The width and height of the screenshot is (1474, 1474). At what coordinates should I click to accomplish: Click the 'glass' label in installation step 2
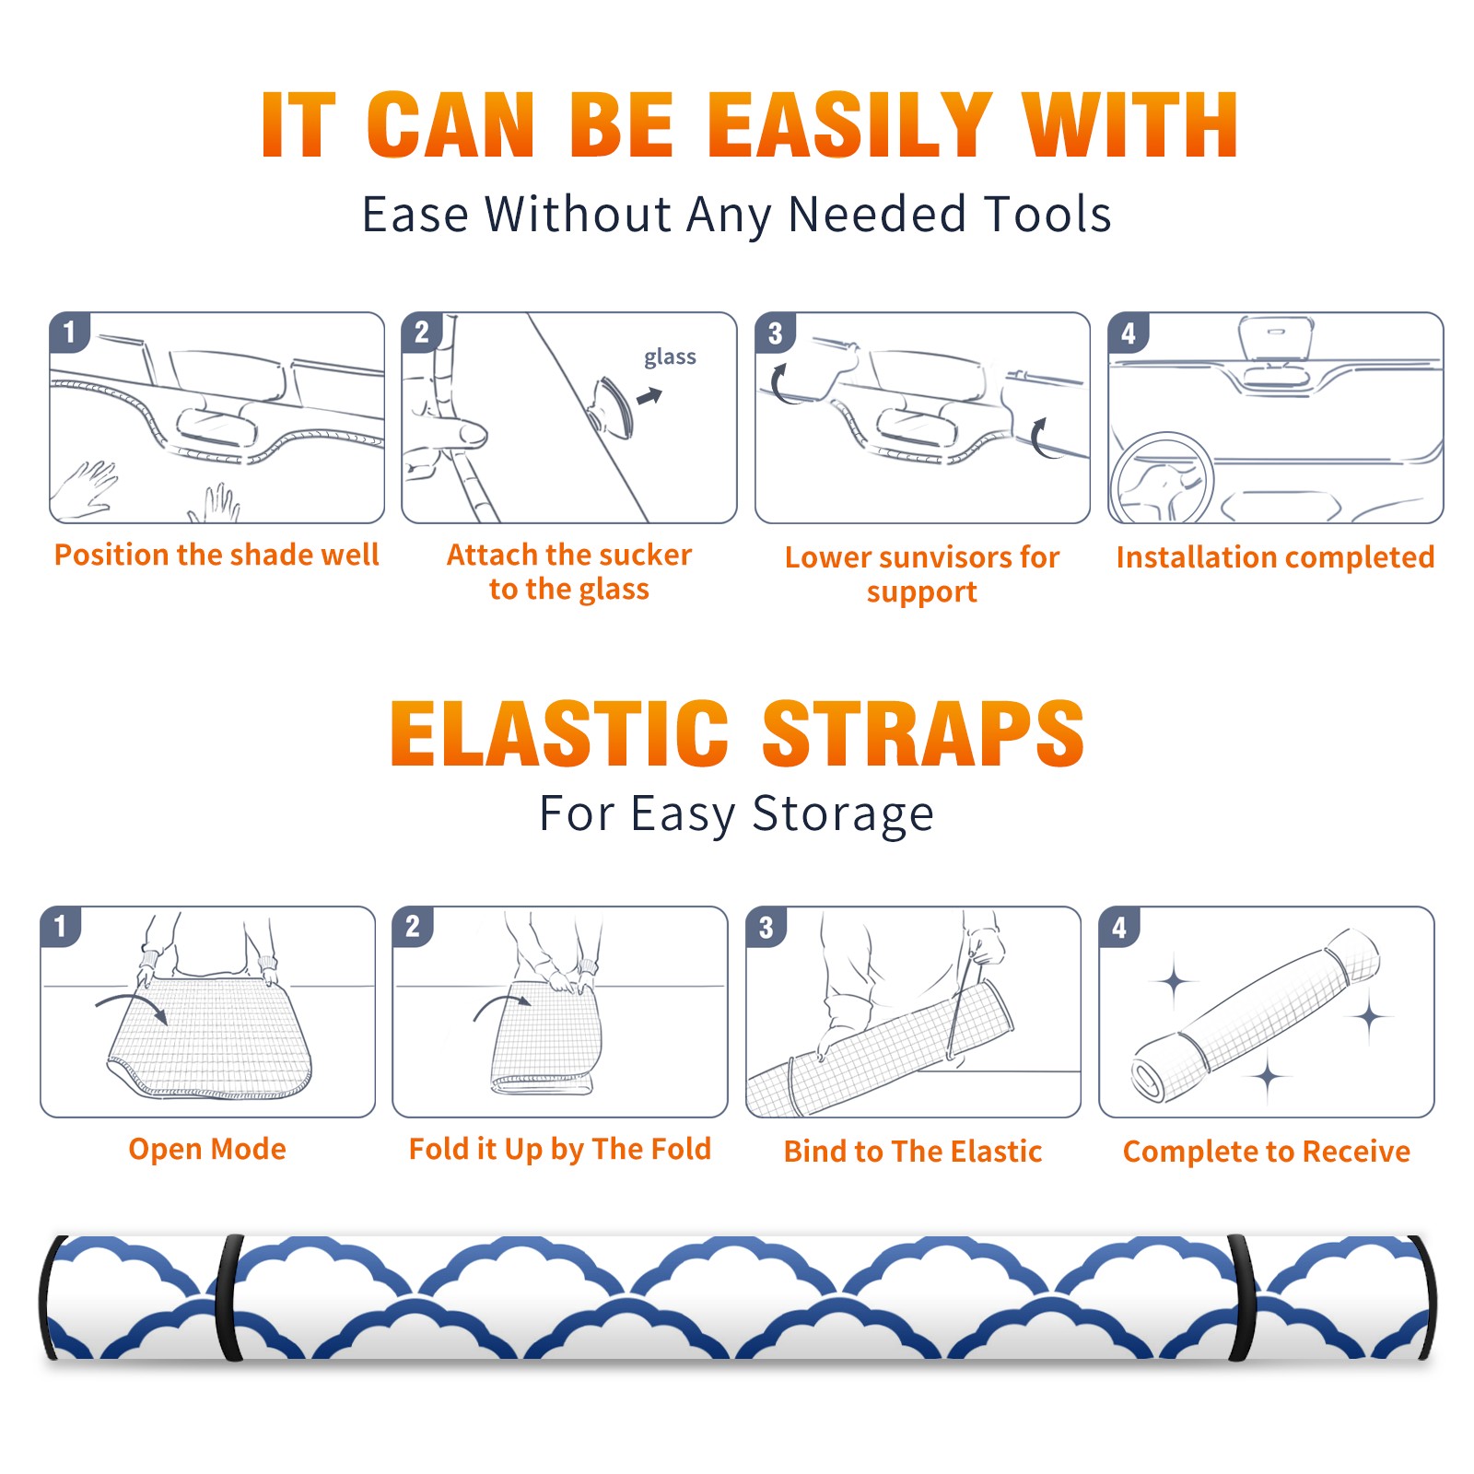(x=670, y=357)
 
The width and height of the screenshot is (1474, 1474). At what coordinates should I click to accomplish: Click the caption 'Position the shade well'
(x=216, y=555)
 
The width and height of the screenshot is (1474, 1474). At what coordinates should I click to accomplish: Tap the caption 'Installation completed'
(x=1275, y=557)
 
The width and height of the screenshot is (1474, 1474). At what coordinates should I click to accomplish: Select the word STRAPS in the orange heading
(x=923, y=733)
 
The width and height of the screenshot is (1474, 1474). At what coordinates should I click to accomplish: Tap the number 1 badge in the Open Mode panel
(x=61, y=926)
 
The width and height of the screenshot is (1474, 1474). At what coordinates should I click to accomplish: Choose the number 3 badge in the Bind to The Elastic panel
(x=766, y=927)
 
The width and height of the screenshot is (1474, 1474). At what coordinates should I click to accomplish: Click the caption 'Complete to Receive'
(x=1267, y=1152)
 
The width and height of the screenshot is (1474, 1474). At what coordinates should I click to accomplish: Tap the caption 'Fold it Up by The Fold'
(x=560, y=1149)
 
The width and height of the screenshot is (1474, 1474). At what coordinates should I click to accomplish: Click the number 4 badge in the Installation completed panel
(x=1129, y=333)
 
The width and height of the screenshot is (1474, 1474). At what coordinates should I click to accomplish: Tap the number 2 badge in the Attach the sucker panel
(x=422, y=333)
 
